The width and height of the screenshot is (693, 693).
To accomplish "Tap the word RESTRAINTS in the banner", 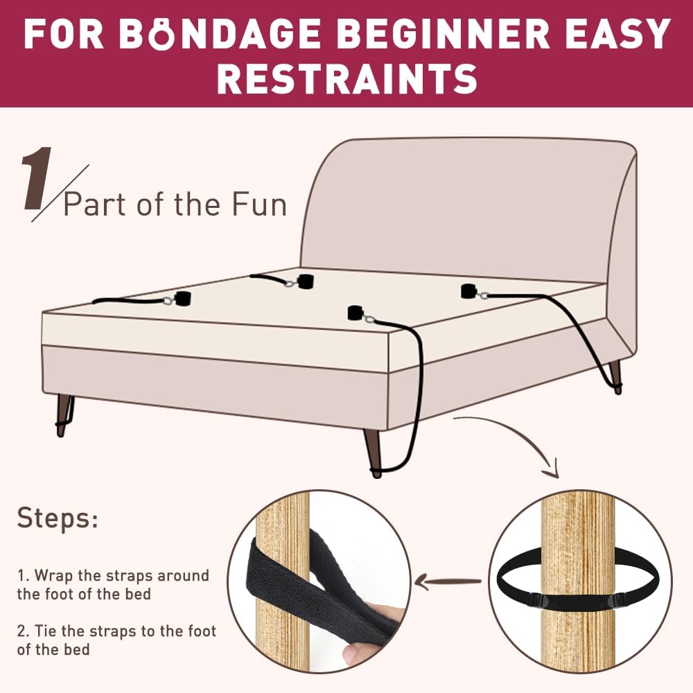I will [x=347, y=78].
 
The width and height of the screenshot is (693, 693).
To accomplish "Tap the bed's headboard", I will [x=464, y=208].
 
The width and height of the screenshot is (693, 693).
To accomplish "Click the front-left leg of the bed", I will [x=66, y=414].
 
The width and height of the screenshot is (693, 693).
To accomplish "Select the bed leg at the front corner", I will [x=373, y=450].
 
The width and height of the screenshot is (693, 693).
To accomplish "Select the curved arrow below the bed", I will [x=513, y=437].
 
